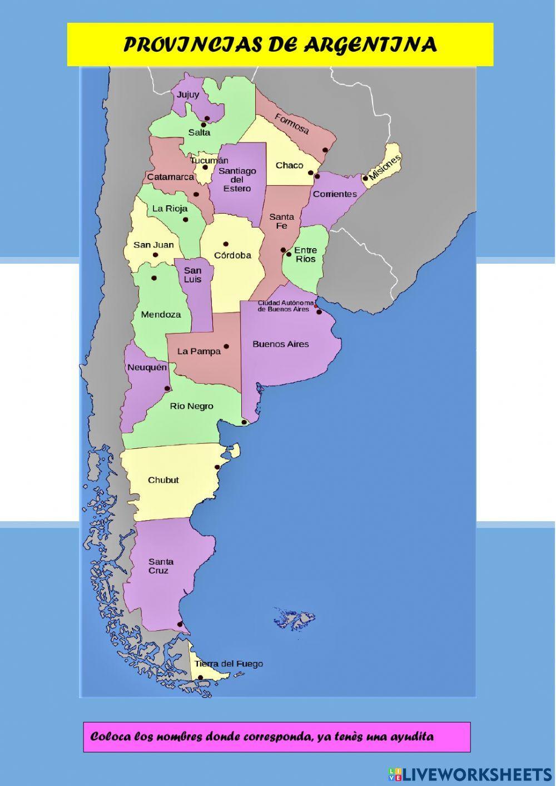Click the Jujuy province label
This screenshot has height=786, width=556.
pyautogui.click(x=188, y=95)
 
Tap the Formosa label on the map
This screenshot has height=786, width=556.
pyautogui.click(x=291, y=124)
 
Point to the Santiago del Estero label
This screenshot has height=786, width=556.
pyautogui.click(x=237, y=179)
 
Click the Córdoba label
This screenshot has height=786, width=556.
pyautogui.click(x=232, y=255)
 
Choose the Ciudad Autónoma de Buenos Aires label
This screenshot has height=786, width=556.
pyautogui.click(x=282, y=306)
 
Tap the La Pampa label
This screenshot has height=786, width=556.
pyautogui.click(x=199, y=351)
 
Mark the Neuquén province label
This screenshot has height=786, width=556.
pyautogui.click(x=147, y=368)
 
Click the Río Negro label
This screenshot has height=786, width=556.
pyautogui.click(x=192, y=406)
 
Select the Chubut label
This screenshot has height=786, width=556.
pyautogui.click(x=163, y=480)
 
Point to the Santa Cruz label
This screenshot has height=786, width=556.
pyautogui.click(x=161, y=566)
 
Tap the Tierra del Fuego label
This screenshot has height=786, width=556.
pyautogui.click(x=229, y=664)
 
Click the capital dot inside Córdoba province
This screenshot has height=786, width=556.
pyautogui.click(x=226, y=244)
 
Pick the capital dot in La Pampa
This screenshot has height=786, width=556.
pyautogui.click(x=226, y=347)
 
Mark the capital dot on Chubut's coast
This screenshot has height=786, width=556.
pyautogui.click(x=217, y=467)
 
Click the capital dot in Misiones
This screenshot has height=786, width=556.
pyautogui.click(x=365, y=178)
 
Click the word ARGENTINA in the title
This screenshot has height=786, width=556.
pyautogui.click(x=370, y=45)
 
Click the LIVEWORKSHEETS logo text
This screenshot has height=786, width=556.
pyautogui.click(x=476, y=774)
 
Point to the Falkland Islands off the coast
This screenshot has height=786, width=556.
pyautogui.click(x=295, y=617)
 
